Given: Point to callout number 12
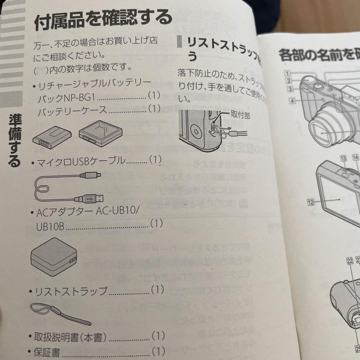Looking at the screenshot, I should coord(311,202).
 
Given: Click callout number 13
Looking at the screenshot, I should coord(343,158).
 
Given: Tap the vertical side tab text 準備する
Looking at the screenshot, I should coord(15,140).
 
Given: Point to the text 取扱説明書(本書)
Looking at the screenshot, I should coord(70,338).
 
